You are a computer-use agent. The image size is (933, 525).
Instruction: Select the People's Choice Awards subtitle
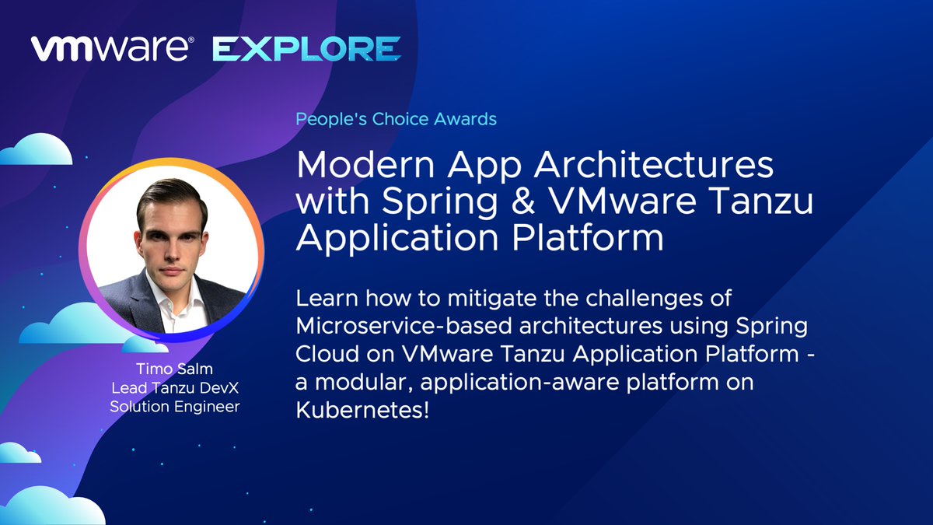pos(396,119)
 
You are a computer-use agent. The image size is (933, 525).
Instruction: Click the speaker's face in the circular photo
pos(172,226)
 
